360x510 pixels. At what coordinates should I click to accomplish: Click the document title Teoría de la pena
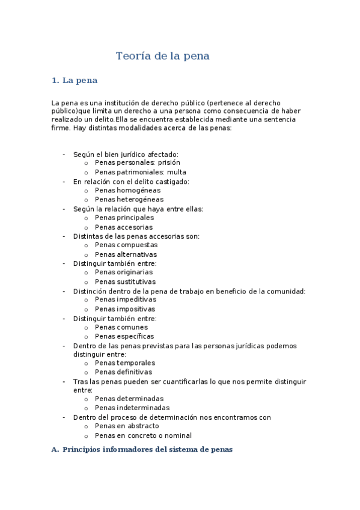pyautogui.click(x=162, y=57)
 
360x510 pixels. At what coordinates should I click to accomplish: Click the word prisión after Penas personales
pyautogui.click(x=169, y=163)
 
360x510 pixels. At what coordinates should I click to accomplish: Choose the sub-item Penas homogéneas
pyautogui.click(x=127, y=190)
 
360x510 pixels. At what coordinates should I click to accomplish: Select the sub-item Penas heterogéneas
pyautogui.click(x=129, y=199)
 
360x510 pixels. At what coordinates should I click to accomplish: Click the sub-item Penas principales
pyautogui.click(x=124, y=218)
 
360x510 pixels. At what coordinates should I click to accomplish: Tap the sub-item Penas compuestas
pyautogui.click(x=126, y=245)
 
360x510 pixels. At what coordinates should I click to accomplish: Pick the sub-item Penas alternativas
pyautogui.click(x=126, y=254)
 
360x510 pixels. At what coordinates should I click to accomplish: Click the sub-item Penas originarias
pyautogui.click(x=124, y=272)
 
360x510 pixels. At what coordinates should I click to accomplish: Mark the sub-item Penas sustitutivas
pyautogui.click(x=125, y=281)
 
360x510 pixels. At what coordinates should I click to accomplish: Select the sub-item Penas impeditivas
pyautogui.click(x=125, y=300)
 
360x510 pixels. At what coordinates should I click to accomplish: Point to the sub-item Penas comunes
pyautogui.click(x=121, y=327)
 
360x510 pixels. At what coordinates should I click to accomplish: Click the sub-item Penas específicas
pyautogui.click(x=124, y=336)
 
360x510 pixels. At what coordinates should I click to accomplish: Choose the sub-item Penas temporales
pyautogui.click(x=125, y=363)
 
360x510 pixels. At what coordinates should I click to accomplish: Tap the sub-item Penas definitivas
pyautogui.click(x=124, y=372)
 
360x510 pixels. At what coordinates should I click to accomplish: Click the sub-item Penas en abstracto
pyautogui.click(x=127, y=426)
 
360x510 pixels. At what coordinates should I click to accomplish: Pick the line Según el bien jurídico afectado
pyautogui.click(x=126, y=154)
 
